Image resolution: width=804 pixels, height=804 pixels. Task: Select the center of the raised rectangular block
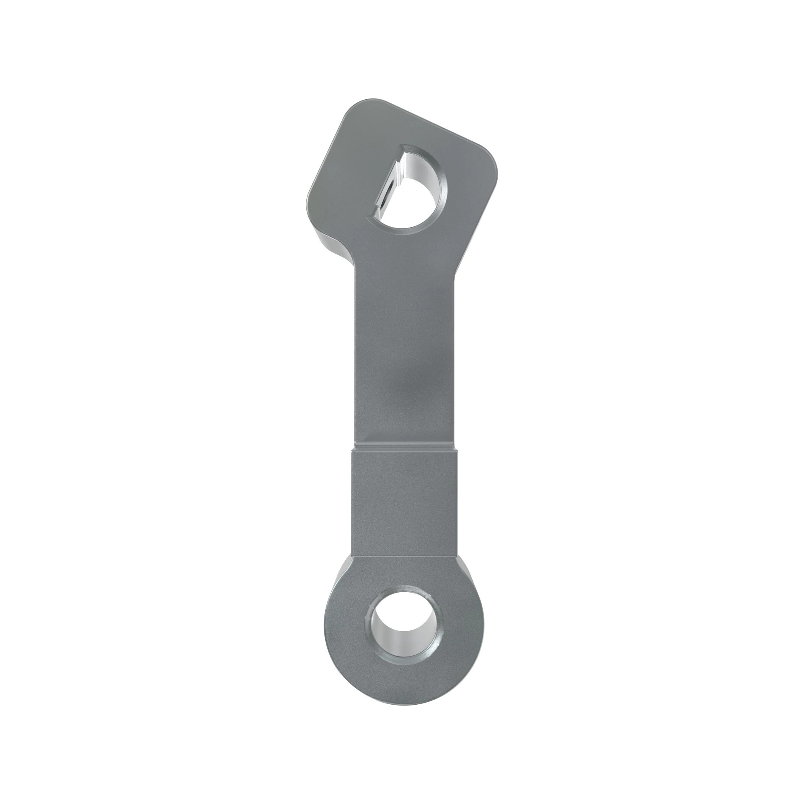pos(405,504)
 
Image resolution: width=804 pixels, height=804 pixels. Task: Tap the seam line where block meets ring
pos(405,557)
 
